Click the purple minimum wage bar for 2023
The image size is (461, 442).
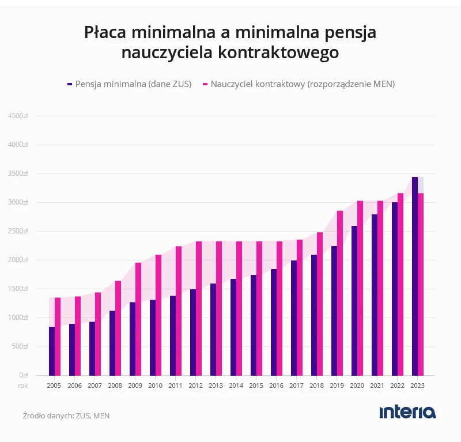pos(414,276)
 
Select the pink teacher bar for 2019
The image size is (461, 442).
pos(340,293)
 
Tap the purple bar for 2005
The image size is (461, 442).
pos(52,351)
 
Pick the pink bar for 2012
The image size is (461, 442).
pos(199,308)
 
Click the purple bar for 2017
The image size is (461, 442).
pos(294,318)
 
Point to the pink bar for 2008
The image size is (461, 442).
pos(118,328)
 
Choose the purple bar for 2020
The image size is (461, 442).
pos(354,301)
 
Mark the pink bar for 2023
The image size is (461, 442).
pos(421,284)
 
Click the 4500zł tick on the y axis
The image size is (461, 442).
pos(18,116)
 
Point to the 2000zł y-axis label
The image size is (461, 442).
pos(18,260)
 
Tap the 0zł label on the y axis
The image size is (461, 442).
pos(24,375)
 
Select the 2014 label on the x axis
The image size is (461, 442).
pos(236,386)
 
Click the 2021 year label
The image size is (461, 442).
pos(377,386)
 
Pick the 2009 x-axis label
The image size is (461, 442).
pos(135,386)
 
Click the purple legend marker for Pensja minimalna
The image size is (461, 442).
pos(70,84)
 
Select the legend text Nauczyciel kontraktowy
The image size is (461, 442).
pos(258,84)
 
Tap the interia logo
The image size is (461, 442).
pos(407,412)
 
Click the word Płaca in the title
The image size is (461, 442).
pos(105,32)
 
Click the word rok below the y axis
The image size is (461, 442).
pos(23,386)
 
